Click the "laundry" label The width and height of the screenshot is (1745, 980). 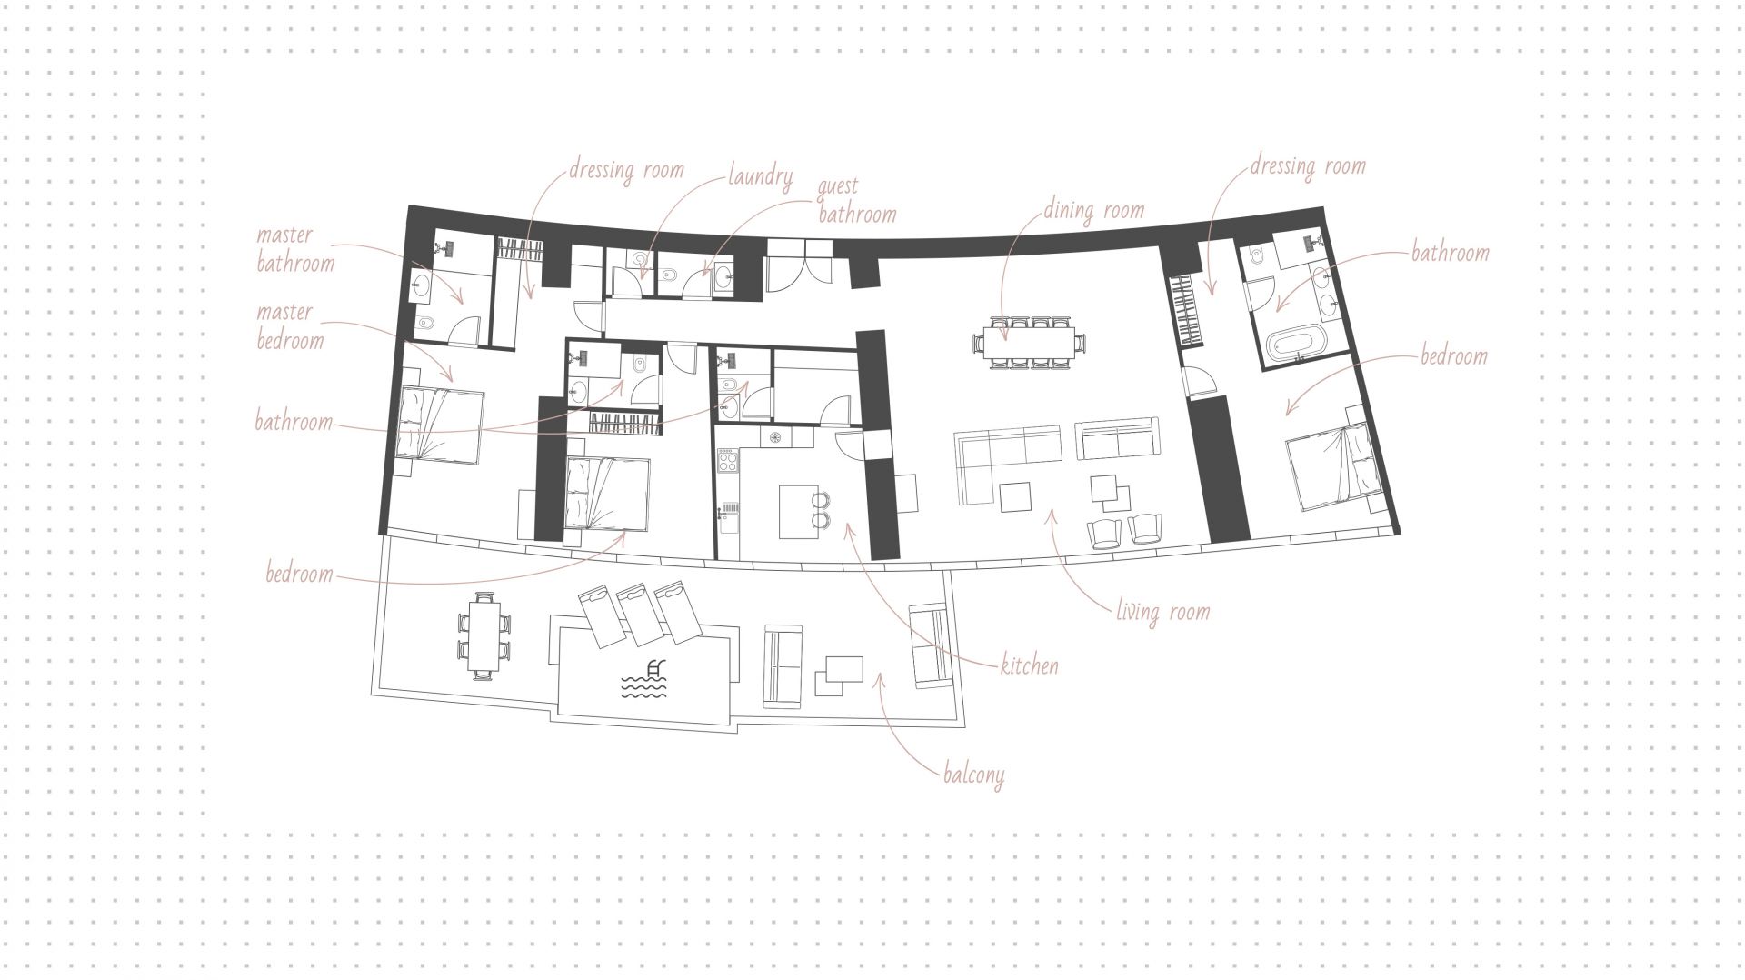[x=760, y=176]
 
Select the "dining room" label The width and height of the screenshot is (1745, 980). [x=1093, y=211]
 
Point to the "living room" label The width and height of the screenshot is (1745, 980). [x=1163, y=611]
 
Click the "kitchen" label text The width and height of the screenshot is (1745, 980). [x=1029, y=665]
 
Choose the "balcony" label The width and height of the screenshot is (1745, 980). [x=973, y=775]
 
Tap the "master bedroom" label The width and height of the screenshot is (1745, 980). [x=289, y=326]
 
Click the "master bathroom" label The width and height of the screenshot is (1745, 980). [x=294, y=249]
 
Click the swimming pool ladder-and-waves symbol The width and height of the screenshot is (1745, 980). [x=643, y=678]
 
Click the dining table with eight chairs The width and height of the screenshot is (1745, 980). [x=1029, y=342]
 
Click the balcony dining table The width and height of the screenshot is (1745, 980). [x=484, y=635]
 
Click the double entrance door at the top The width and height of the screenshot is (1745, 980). [x=798, y=266]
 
